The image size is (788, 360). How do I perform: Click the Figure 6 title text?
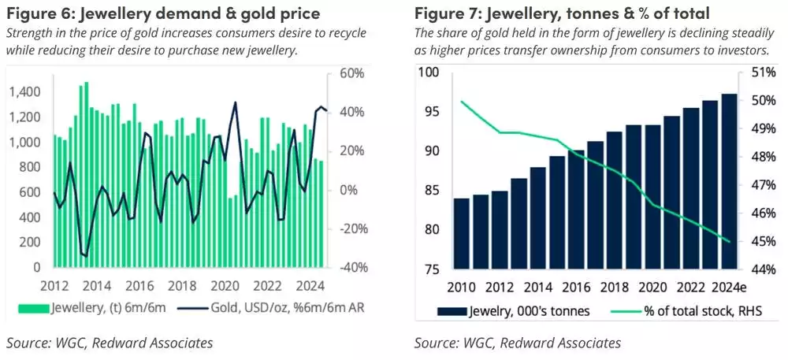[163, 13]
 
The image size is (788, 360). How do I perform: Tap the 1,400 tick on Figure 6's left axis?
[28, 92]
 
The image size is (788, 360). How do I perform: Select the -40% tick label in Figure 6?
[348, 268]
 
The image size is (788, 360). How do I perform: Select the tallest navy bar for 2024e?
[729, 181]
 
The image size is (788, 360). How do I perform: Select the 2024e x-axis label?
[724, 284]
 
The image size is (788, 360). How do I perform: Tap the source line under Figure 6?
[110, 343]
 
